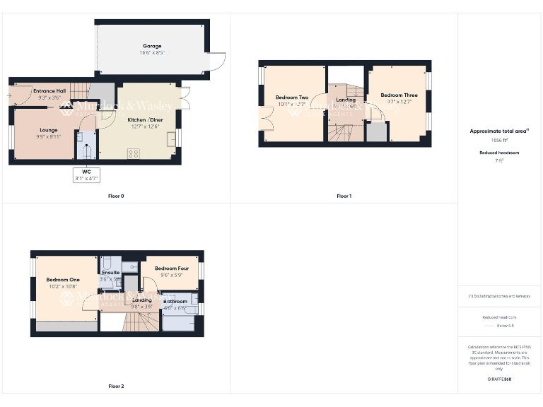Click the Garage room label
(x=152, y=46)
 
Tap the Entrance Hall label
(x=49, y=91)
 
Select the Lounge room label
(x=49, y=130)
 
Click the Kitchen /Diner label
(x=144, y=120)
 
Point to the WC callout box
(x=88, y=175)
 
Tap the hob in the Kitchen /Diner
(x=133, y=154)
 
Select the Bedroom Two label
(x=292, y=98)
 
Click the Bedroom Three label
(x=399, y=95)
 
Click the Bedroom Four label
(x=172, y=269)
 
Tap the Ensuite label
(x=111, y=272)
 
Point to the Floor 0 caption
(x=116, y=196)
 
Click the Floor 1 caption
(x=344, y=196)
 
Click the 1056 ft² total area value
(x=500, y=141)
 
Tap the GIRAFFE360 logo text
(x=499, y=379)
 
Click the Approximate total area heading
(x=499, y=131)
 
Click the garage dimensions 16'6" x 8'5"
(x=152, y=53)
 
